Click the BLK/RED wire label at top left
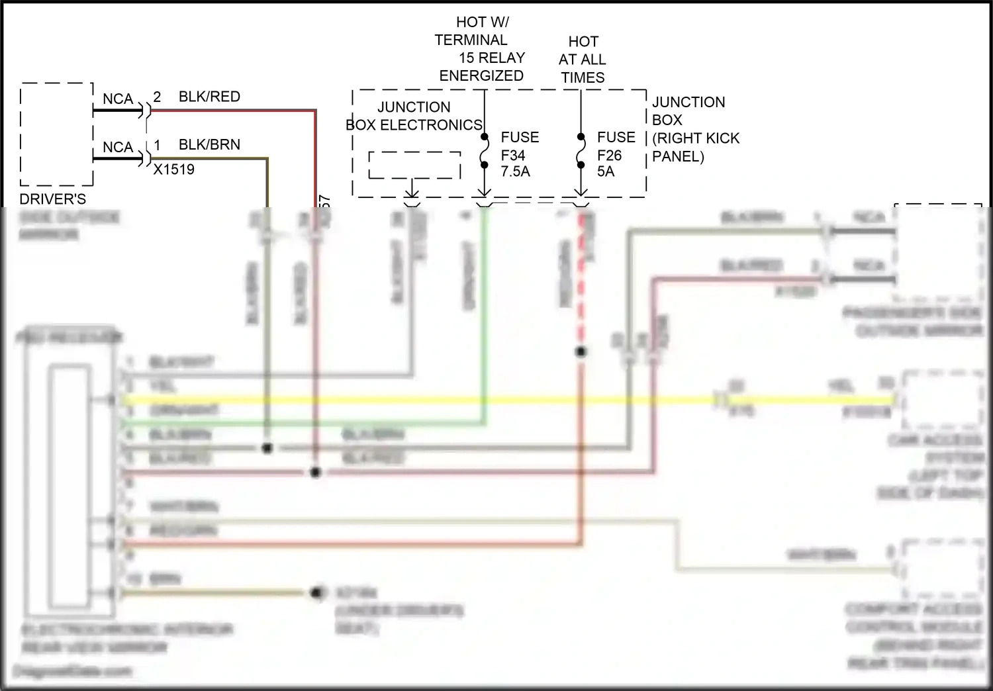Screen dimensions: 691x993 [x=209, y=97]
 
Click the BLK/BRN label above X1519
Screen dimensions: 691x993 [x=209, y=145]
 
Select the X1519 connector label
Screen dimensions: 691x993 [x=174, y=169]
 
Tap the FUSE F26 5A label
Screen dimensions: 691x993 [x=615, y=155]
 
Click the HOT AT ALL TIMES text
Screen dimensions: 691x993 [x=583, y=60]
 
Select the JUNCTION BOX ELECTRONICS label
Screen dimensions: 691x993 [x=414, y=116]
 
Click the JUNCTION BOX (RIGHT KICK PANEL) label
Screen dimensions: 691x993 [x=694, y=129]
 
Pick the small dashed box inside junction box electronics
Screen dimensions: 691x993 [x=414, y=165]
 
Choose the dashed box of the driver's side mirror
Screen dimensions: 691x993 [x=56, y=134]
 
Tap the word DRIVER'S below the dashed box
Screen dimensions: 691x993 [x=52, y=199]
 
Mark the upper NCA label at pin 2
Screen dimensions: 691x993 [x=118, y=99]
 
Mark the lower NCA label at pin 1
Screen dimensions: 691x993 [x=118, y=148]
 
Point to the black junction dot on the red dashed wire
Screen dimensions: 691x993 [x=581, y=352]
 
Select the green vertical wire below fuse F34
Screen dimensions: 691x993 [x=485, y=318]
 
